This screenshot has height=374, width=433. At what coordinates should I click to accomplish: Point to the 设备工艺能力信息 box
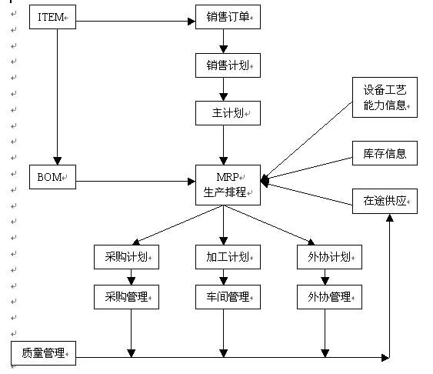pos(385,98)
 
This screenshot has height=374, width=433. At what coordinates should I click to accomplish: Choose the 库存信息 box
pos(385,153)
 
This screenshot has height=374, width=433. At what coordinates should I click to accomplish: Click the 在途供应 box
pos(385,202)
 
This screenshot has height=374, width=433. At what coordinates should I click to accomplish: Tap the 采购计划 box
pos(126,257)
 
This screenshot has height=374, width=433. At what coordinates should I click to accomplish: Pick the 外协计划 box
pos(329,257)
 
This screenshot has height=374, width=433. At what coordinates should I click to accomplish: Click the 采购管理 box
pos(126,296)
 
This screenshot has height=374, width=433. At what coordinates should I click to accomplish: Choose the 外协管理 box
pos(329,296)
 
